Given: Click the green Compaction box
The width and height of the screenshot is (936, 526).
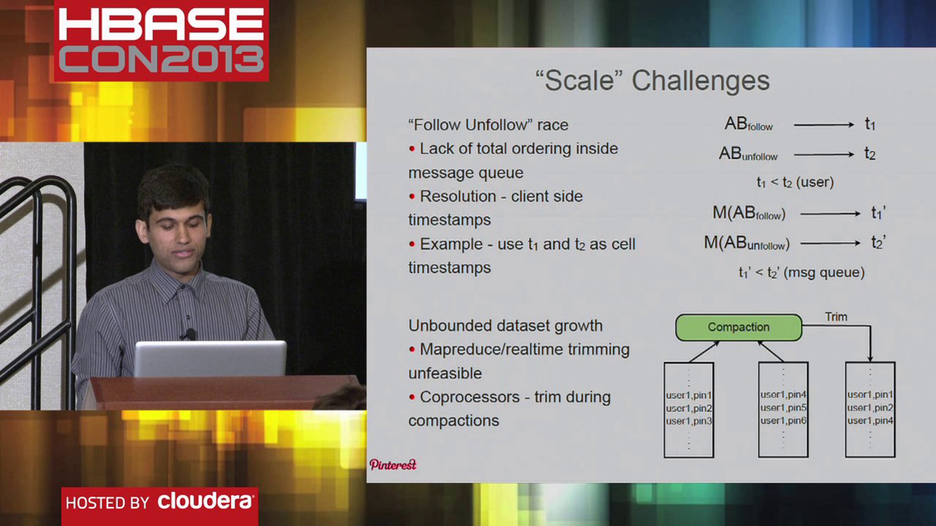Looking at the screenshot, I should point(738,327).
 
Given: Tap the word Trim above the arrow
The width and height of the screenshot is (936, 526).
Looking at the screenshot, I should point(836,317).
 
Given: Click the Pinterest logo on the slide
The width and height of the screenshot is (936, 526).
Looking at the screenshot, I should point(393,464).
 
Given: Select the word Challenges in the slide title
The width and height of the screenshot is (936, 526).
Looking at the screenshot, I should point(700,81).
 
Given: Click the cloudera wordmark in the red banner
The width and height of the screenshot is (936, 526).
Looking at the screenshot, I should point(205,501).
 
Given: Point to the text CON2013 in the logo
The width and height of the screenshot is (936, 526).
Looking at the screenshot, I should point(161,59).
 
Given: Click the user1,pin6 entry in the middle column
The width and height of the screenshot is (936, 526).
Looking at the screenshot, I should point(783,421).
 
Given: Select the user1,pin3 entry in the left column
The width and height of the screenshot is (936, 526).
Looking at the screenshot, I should point(688,421).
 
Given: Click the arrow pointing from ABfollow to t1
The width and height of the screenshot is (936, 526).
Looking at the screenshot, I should point(823,125).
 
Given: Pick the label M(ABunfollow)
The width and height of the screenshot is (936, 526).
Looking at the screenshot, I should point(746,244).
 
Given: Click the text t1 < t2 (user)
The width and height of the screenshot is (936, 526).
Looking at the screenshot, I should point(795,182).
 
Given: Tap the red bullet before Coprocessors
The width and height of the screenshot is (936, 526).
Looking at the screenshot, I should point(412,397).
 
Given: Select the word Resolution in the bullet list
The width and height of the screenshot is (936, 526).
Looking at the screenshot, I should point(458,196).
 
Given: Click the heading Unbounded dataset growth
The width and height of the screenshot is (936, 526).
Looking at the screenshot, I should point(505,326).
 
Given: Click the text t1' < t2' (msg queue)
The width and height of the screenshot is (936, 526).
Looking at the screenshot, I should point(801,272).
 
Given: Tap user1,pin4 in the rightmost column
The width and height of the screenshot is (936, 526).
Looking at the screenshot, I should point(870,421).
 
